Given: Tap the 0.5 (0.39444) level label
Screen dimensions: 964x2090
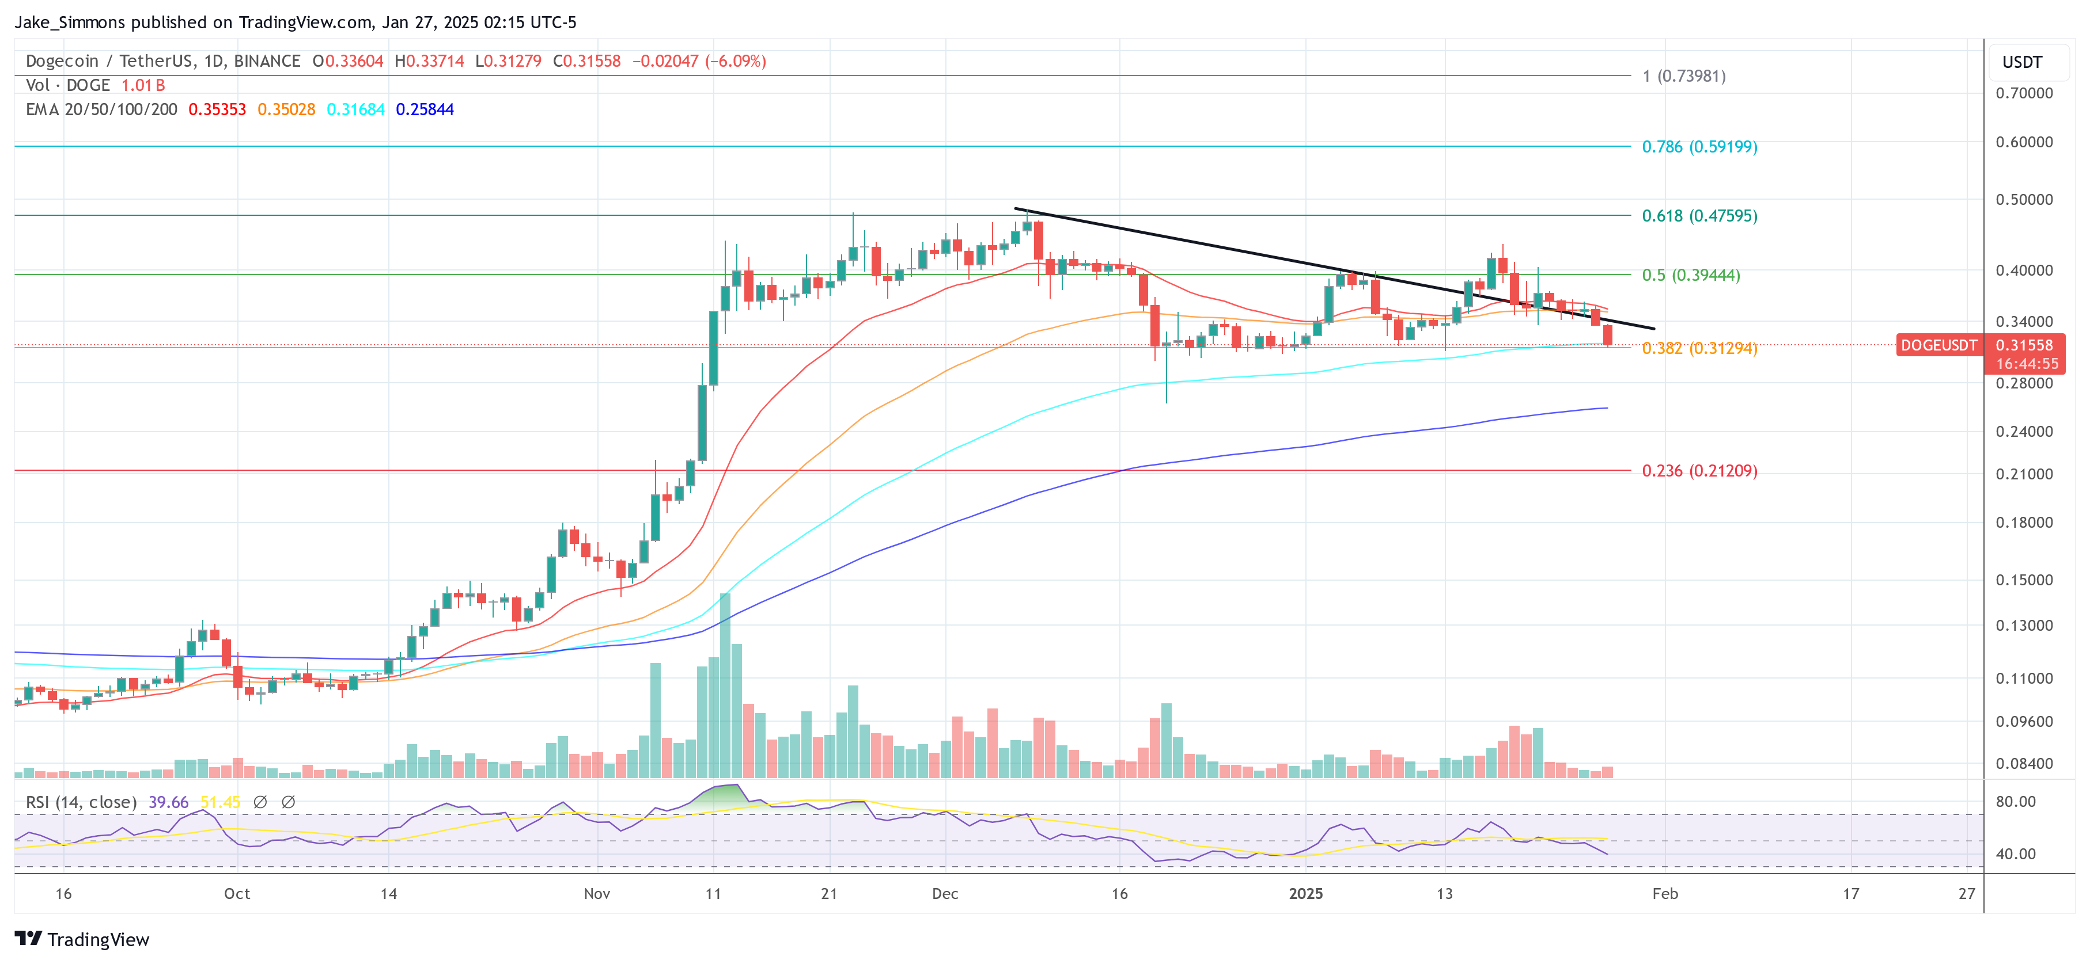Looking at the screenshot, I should [1690, 275].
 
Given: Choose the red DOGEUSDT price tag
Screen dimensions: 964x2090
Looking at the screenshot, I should [1938, 345].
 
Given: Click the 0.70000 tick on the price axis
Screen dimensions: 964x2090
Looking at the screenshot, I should [2024, 93].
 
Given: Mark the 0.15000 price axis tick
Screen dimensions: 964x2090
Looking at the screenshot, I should [2024, 580].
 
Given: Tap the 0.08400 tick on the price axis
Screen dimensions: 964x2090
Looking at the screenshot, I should [2024, 764].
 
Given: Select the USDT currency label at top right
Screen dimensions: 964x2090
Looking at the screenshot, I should [2022, 62].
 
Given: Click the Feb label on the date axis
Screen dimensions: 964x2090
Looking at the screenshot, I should [1665, 893].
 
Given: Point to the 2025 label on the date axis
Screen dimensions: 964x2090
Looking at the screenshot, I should [1305, 893].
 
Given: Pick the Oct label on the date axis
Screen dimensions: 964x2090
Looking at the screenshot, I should [237, 893].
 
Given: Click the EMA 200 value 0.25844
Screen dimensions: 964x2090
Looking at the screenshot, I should [425, 109].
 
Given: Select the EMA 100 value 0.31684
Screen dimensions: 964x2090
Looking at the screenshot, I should [355, 109].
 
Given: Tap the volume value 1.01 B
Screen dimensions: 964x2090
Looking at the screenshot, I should [143, 85].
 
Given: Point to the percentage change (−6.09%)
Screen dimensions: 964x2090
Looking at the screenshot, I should [735, 61].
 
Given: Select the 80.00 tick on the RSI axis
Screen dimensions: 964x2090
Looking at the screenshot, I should [2015, 802].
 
